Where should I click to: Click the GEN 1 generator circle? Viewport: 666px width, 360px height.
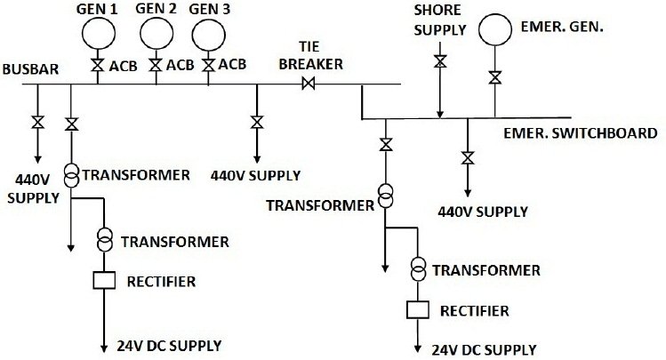99,33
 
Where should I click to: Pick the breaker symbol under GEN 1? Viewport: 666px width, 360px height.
98,66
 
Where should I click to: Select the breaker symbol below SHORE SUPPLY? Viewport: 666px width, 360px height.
439,61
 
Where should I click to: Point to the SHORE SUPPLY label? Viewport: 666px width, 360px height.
439,20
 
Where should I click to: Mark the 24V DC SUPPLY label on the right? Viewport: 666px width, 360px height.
485,348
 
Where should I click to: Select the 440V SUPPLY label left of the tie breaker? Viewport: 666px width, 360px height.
256,174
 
